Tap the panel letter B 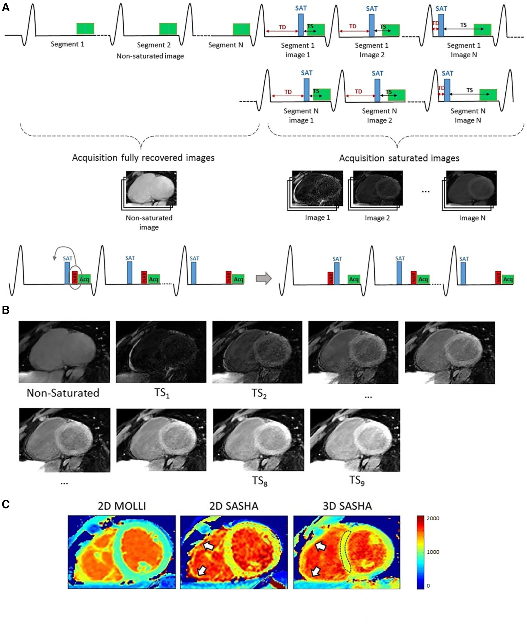tap(6, 310)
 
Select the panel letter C tap(6, 504)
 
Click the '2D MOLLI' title tap(122, 506)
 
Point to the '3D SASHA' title tap(347, 506)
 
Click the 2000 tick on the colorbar tap(433, 518)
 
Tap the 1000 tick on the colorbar tap(433, 552)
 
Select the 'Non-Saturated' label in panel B tap(63, 393)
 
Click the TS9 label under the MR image tap(357, 481)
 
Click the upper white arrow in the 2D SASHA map tap(208, 546)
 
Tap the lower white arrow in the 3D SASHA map tap(316, 571)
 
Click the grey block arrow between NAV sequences tap(263, 278)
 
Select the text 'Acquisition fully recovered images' tap(143, 158)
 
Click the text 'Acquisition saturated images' tap(399, 158)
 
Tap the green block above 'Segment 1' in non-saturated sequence tap(85, 29)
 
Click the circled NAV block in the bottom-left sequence tap(75, 277)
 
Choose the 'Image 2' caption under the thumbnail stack tap(377, 218)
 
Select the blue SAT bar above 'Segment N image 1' tap(307, 90)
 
